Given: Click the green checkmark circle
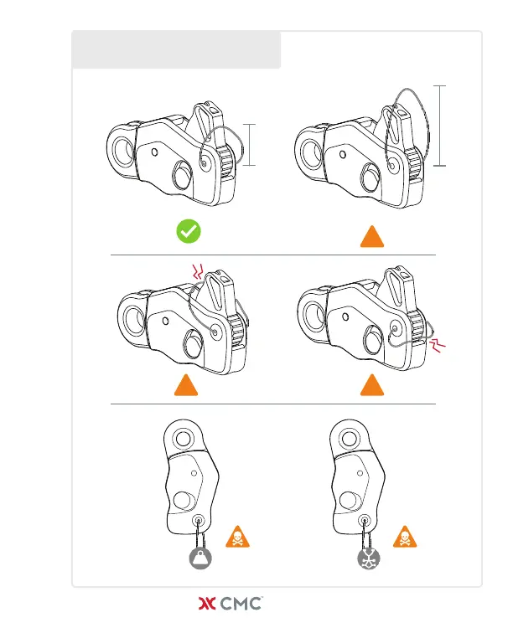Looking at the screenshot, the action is point(188,231).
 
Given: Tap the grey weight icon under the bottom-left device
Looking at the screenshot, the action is point(199,558).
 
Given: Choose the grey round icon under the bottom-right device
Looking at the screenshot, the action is point(367,558).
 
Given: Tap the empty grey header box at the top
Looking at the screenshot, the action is point(176,50).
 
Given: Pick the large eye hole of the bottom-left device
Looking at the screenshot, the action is point(181,438).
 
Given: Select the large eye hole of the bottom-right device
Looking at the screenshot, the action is point(349,438).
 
